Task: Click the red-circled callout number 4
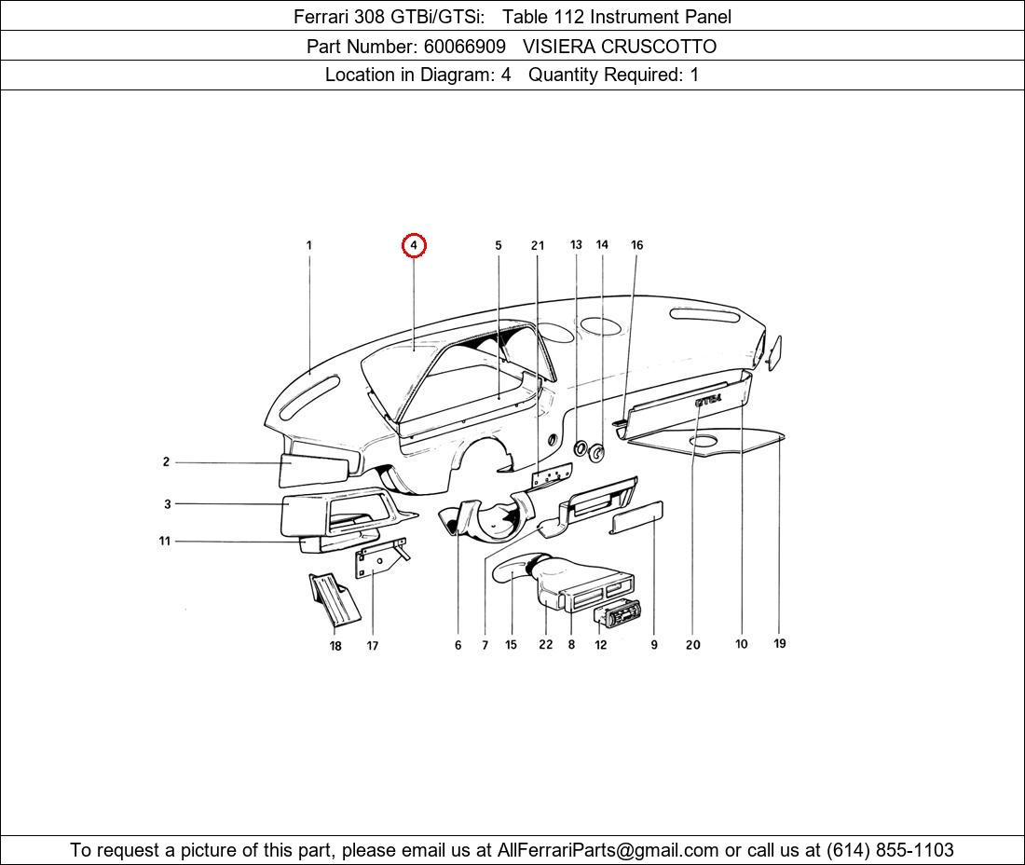(414, 245)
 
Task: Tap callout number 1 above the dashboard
(308, 245)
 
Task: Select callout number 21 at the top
(538, 245)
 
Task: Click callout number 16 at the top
(636, 245)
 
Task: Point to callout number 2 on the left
(166, 461)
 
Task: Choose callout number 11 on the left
(165, 541)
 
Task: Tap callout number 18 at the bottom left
(335, 646)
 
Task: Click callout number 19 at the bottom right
(780, 643)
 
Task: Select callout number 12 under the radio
(601, 644)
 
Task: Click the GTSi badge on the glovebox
(708, 400)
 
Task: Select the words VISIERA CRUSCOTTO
(619, 46)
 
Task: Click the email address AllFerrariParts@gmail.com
(608, 850)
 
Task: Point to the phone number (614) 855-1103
(889, 850)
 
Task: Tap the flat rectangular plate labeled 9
(636, 516)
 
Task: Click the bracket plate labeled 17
(377, 560)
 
